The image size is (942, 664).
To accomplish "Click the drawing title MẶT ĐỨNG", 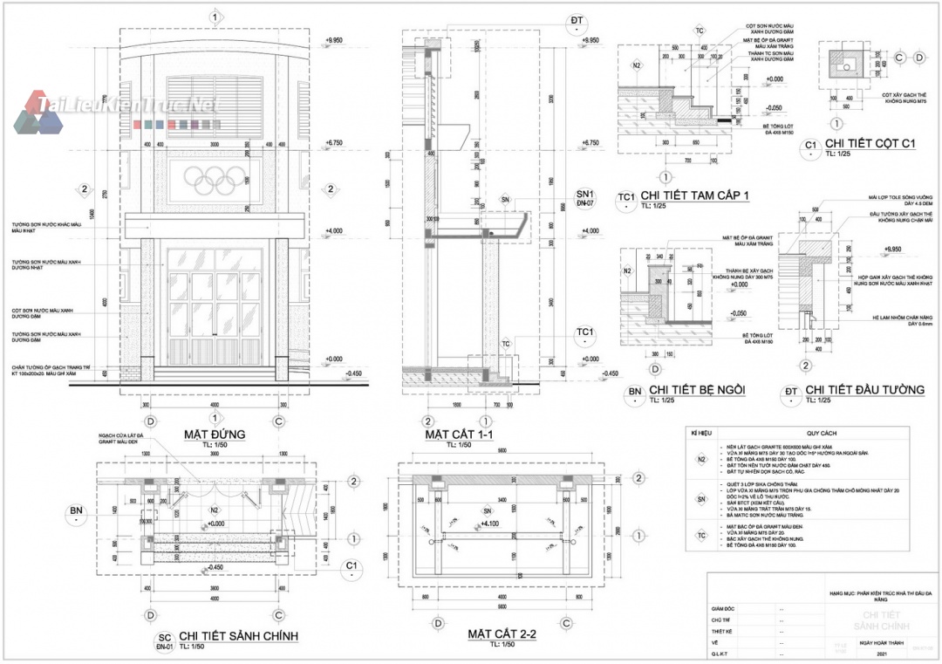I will point(215,435).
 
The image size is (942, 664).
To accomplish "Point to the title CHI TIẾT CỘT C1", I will point(872,144).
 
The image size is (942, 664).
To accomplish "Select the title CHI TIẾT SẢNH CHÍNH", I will point(239,636).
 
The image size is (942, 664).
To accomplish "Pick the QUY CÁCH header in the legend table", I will point(821,433).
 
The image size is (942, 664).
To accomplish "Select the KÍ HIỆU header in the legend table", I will point(701,433).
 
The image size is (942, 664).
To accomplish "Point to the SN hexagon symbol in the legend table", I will point(701,498).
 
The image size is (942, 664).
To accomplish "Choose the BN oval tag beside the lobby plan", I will point(77,512).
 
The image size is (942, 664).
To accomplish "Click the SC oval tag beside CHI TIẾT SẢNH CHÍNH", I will point(162,641).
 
